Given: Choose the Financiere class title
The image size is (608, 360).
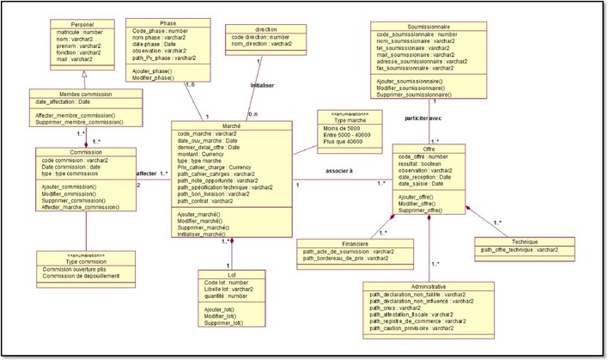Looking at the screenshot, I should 348,244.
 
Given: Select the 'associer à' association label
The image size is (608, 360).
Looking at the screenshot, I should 339,170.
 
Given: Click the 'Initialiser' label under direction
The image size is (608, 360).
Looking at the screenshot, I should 263,86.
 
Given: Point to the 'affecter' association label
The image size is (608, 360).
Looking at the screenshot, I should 147,173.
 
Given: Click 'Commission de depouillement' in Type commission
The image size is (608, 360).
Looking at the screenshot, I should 85,276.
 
